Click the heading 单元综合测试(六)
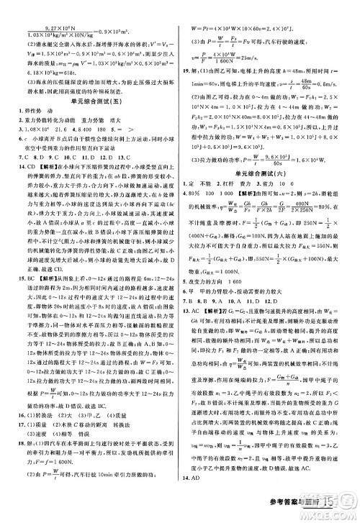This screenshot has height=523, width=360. point(269,194)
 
